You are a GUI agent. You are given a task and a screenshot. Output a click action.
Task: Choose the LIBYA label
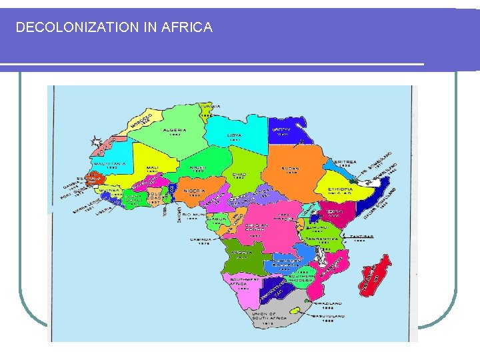[x=234, y=134]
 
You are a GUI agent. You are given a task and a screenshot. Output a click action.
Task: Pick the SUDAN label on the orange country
[x=291, y=168]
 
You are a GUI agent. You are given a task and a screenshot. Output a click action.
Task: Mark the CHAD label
[x=239, y=174]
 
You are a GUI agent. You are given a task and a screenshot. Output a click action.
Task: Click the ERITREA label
[x=347, y=161]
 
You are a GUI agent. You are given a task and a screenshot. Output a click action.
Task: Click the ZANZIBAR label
[x=364, y=236]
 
